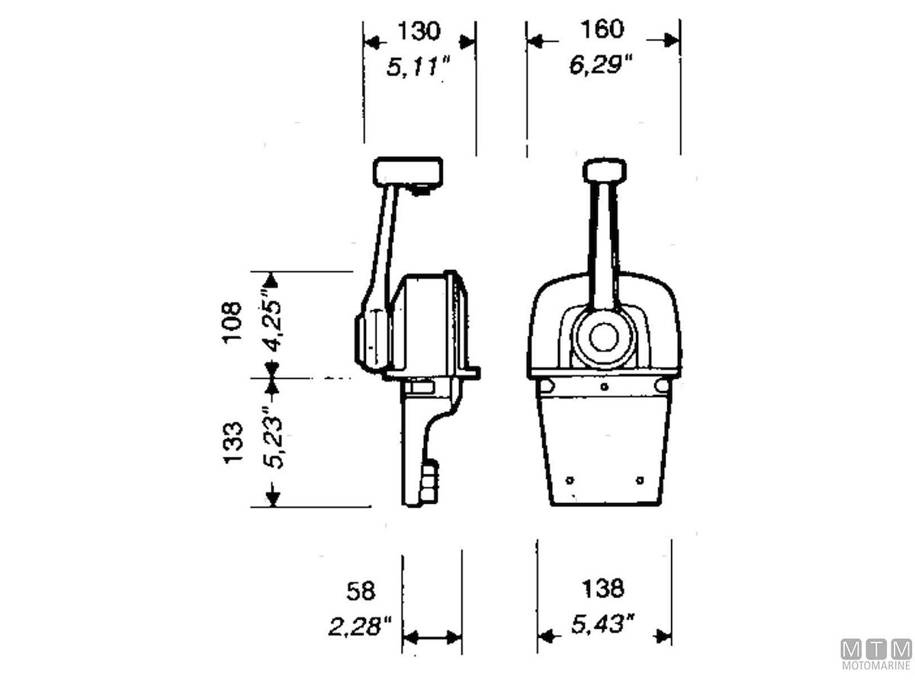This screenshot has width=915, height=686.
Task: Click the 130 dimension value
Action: [419, 31]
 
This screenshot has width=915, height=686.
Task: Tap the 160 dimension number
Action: [602, 29]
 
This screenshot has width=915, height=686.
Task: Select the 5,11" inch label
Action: [418, 66]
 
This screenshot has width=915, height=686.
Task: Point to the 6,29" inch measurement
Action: [601, 65]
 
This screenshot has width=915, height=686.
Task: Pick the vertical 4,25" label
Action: [273, 319]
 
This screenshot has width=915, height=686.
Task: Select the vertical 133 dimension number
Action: [233, 443]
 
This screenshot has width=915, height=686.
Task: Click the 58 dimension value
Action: [361, 591]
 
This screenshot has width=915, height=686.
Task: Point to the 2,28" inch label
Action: [360, 627]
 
